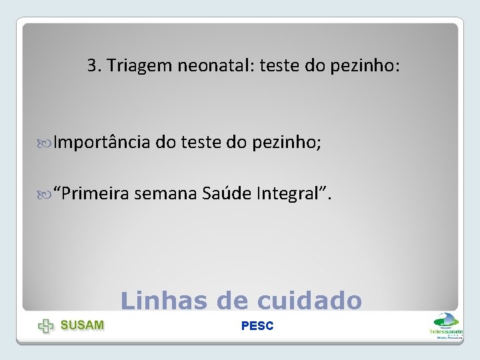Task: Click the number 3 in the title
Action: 91,66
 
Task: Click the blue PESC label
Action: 257,326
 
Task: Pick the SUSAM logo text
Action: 83,325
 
